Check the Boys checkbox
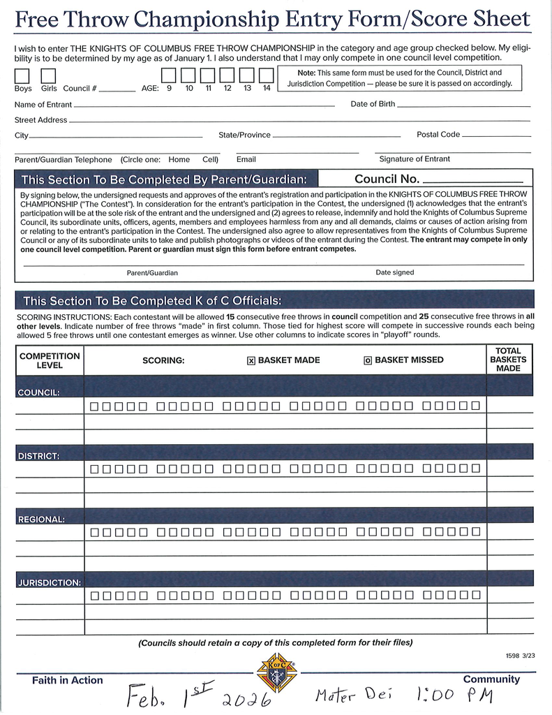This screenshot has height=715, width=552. tap(22, 75)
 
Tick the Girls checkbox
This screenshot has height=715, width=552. tap(48, 75)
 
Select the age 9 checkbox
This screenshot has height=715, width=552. tap(169, 75)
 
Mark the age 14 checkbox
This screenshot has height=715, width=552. tap(266, 75)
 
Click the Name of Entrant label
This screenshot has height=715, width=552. tap(43, 105)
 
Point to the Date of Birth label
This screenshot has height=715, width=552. tap(373, 104)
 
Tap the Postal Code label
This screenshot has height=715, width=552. tap(438, 135)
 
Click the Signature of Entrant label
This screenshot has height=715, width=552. tap(415, 159)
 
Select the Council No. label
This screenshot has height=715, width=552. tap(387, 179)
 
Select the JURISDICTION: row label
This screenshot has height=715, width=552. tap(48, 582)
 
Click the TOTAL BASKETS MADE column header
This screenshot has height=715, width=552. tap(509, 360)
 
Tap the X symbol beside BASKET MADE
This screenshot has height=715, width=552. tap(251, 361)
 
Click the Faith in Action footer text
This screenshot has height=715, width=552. tap(67, 680)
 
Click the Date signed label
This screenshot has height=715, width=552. tap(394, 272)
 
